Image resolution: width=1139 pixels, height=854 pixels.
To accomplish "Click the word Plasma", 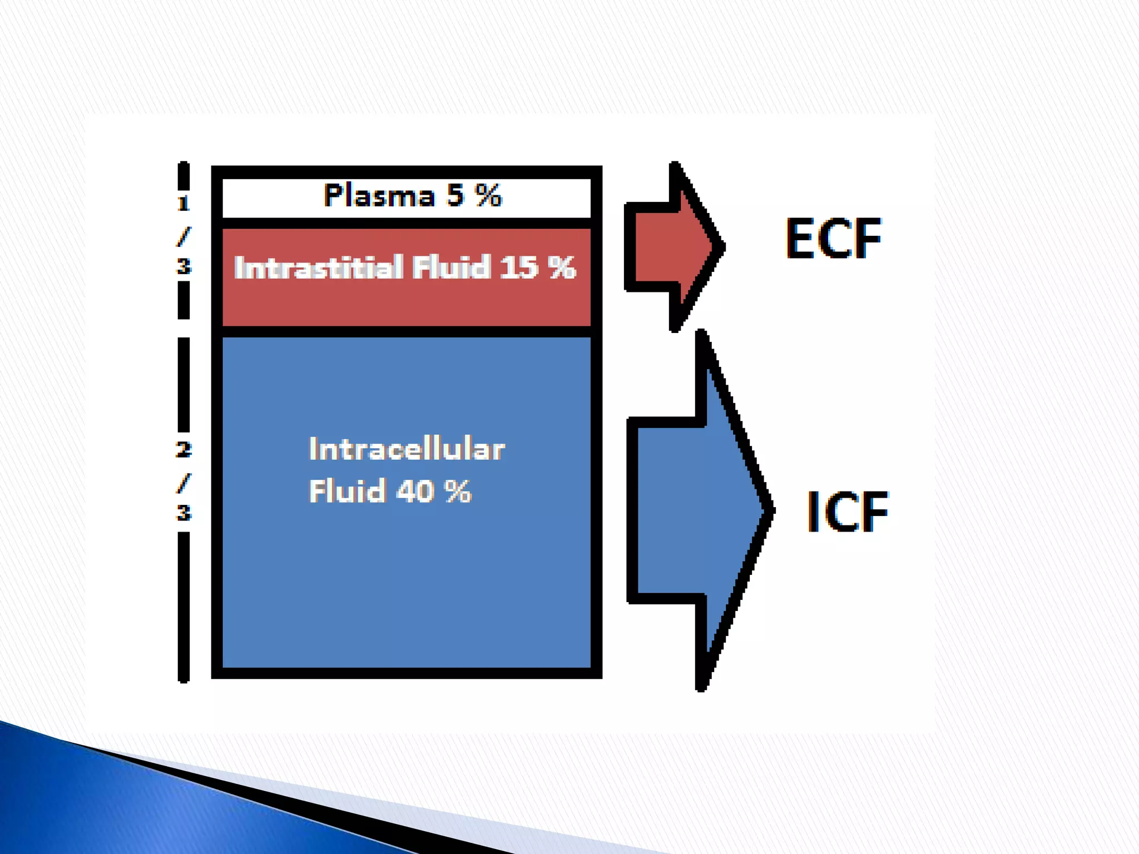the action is [x=379, y=196].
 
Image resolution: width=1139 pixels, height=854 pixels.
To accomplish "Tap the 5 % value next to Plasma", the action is [x=474, y=195].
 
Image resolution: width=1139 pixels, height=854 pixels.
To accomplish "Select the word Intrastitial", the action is [x=318, y=267].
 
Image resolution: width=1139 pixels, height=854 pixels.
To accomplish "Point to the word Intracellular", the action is [x=407, y=449].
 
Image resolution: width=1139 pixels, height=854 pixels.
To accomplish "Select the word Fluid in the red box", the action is [x=452, y=267].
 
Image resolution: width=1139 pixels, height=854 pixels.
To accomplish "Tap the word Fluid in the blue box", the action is [x=347, y=491].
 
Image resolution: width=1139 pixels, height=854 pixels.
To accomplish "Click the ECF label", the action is [x=833, y=239].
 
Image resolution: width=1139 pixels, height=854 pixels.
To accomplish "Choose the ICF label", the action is [x=847, y=512].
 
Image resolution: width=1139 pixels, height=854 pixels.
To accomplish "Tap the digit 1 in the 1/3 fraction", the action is [x=184, y=203].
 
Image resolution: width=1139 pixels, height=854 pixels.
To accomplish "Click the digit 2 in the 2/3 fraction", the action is [x=184, y=449].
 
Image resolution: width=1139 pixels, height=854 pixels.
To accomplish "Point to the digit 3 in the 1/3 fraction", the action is [x=184, y=266].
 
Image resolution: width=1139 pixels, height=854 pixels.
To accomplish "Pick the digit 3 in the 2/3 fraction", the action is [x=184, y=512].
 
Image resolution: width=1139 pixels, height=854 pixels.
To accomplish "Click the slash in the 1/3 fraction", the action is [x=184, y=236].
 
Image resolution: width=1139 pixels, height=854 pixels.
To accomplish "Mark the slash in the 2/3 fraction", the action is [x=184, y=482].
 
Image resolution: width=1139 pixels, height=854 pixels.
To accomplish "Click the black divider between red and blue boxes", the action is [x=407, y=332].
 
